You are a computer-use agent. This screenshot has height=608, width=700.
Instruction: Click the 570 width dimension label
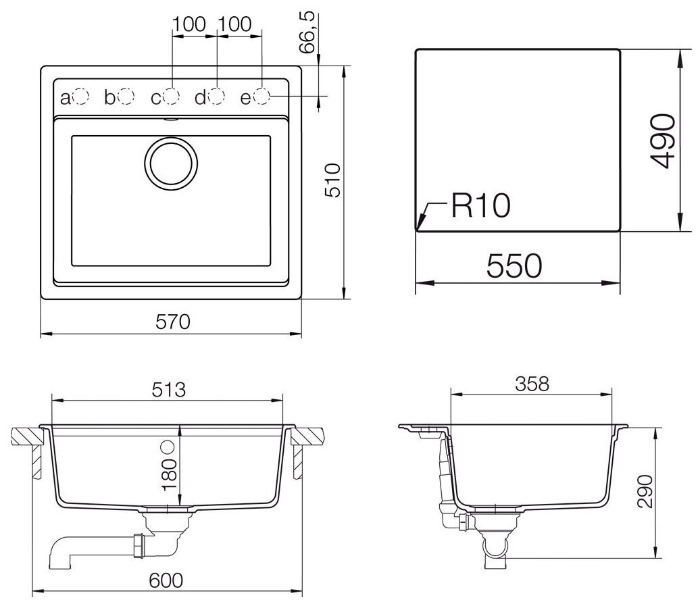(x=173, y=322)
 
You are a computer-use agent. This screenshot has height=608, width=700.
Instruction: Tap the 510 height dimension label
(x=333, y=180)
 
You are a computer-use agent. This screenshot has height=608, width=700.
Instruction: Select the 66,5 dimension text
(x=307, y=33)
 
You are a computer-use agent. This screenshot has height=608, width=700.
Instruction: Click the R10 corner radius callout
(x=480, y=206)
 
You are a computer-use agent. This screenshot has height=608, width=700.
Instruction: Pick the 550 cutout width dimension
(x=514, y=266)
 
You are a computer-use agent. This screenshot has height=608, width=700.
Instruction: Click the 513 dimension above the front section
(x=168, y=390)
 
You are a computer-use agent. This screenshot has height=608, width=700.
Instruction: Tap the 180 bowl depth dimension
(x=170, y=475)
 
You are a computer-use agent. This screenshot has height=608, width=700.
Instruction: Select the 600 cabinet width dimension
(x=166, y=580)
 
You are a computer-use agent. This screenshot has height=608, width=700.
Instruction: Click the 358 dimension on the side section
(x=532, y=384)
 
